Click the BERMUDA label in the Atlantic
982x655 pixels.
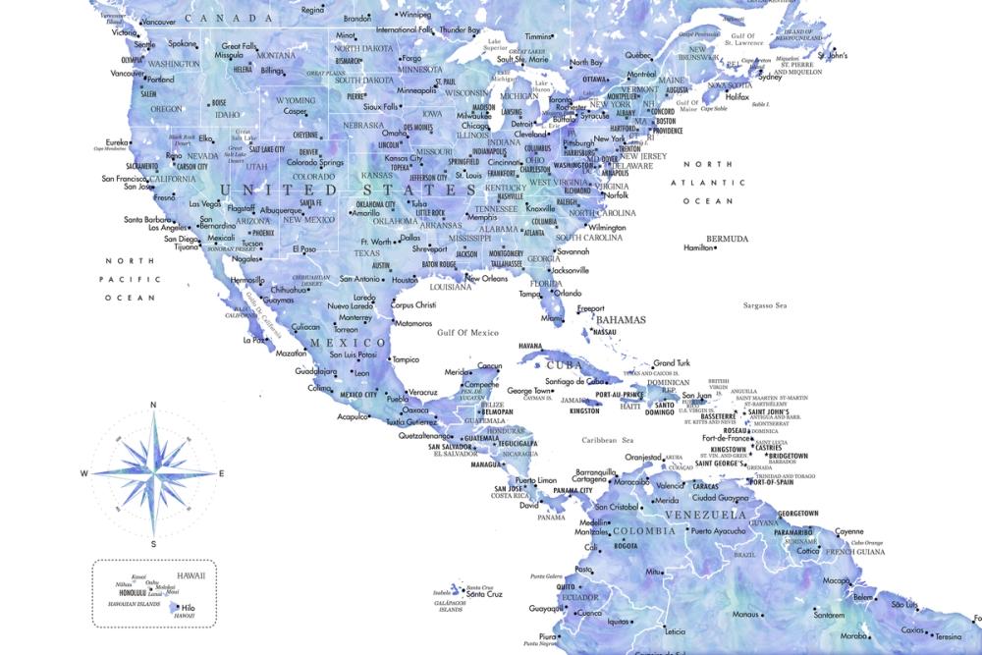[x=728, y=239]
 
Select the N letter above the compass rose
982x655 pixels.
[x=153, y=405]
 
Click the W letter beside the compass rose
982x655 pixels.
[x=84, y=474]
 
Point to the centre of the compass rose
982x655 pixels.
[x=153, y=474]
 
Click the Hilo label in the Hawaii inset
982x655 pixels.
[x=189, y=609]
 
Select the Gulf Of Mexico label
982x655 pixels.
[x=468, y=333]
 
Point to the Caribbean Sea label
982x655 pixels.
[x=607, y=441]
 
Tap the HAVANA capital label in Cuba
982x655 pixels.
[x=530, y=346]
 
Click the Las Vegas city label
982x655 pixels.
[x=203, y=203]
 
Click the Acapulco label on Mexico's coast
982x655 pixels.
[x=351, y=416]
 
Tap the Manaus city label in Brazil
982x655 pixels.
[x=746, y=615]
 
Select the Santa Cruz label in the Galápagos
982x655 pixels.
[x=484, y=594]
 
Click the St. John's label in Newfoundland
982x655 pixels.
[x=831, y=56]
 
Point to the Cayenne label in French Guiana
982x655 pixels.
[x=849, y=532]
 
